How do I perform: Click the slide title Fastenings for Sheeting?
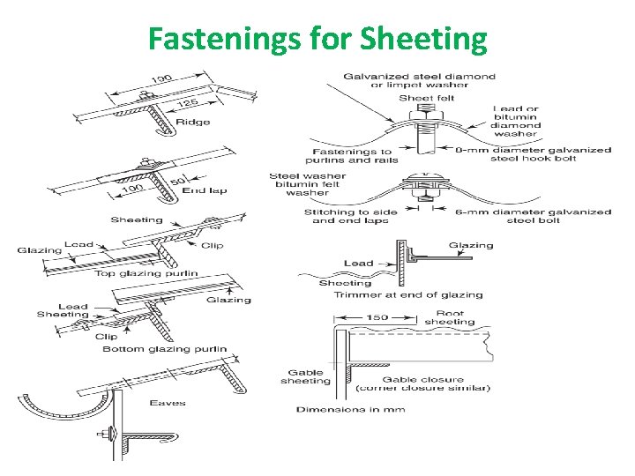(x=317, y=39)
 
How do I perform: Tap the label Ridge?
(x=193, y=122)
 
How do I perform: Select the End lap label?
(x=202, y=190)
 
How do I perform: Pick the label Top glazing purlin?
(x=146, y=274)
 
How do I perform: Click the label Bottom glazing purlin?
(x=164, y=350)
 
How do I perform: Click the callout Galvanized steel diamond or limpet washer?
(x=421, y=81)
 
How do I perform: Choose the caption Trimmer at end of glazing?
(x=407, y=295)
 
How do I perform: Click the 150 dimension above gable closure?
(x=377, y=317)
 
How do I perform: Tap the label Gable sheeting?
(x=306, y=376)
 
